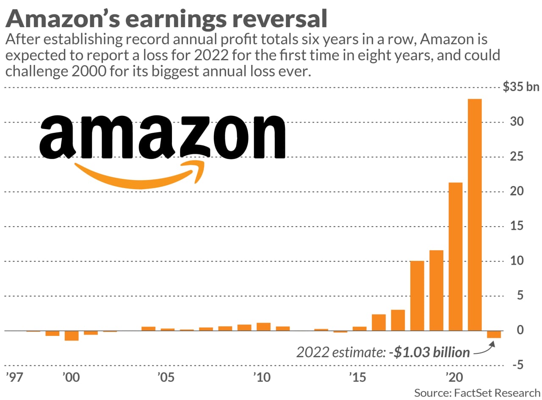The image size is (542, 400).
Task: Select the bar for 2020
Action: click(x=456, y=256)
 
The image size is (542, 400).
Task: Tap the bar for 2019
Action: click(x=437, y=290)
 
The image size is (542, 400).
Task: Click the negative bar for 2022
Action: click(x=494, y=334)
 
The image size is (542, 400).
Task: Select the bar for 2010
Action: click(x=263, y=327)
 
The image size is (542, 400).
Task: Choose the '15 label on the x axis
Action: click(x=358, y=377)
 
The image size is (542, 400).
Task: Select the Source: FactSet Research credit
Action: click(x=477, y=392)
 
